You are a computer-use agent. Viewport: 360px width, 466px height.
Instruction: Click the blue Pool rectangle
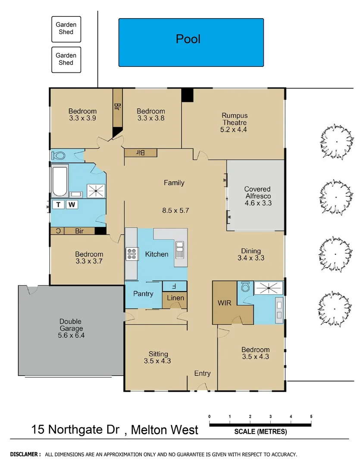(x=191, y=42)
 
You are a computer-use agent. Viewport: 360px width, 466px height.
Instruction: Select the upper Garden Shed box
(x=66, y=29)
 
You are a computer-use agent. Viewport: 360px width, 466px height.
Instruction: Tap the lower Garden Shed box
(x=66, y=59)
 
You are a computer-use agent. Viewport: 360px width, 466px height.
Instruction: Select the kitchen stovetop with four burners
(x=131, y=254)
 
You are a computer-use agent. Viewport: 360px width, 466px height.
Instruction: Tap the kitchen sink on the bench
(x=180, y=249)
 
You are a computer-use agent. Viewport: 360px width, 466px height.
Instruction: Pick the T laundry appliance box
(x=58, y=205)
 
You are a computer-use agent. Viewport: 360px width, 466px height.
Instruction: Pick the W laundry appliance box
(x=72, y=205)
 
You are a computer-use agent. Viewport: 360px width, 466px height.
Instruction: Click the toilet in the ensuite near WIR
(x=245, y=287)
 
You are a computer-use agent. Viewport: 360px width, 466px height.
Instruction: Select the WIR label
(x=225, y=303)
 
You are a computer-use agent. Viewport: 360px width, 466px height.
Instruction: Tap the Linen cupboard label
(x=175, y=298)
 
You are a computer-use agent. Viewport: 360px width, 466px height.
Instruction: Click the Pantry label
(x=143, y=294)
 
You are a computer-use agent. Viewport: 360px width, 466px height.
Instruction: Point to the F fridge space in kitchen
(x=174, y=286)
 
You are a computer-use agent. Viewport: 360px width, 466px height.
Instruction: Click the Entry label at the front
(x=202, y=373)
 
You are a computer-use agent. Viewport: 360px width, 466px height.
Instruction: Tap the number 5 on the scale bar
(x=311, y=416)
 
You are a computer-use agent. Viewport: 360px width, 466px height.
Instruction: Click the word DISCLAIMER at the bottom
(x=25, y=454)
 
